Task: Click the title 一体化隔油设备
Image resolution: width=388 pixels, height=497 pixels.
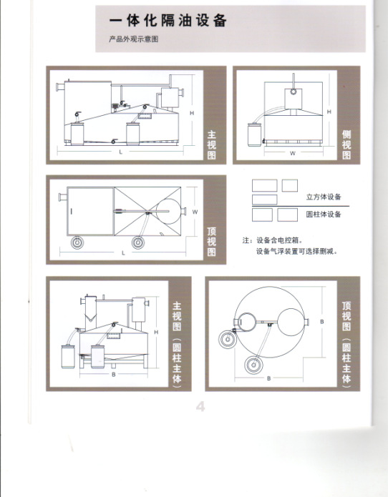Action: coord(168,21)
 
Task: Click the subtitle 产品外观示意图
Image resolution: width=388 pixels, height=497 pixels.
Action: coord(134,39)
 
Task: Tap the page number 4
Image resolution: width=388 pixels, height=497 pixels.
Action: coord(200,406)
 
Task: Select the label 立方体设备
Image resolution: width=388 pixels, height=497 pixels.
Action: coord(324,197)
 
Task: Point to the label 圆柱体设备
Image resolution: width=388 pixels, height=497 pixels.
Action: coord(324,215)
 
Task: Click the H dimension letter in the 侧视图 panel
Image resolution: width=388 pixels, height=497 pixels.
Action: coord(329,112)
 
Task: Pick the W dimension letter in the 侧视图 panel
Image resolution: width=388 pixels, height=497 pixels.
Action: coord(293,154)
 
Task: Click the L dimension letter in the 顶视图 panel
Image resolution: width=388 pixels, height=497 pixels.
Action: coord(123,253)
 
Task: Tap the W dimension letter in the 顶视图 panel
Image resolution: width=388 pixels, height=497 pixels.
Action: coord(195,212)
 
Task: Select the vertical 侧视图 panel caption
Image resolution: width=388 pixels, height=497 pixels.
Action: coord(346,144)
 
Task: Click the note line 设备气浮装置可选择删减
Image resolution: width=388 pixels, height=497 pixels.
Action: coord(296,252)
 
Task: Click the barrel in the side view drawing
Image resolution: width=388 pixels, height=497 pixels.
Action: coord(254,134)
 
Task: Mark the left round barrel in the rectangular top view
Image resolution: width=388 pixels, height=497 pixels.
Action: coord(77,242)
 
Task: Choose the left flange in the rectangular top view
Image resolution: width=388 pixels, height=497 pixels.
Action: coord(62,197)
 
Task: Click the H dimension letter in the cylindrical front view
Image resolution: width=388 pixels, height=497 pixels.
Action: coord(156,333)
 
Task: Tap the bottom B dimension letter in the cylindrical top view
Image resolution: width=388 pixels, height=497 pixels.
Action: coord(268,378)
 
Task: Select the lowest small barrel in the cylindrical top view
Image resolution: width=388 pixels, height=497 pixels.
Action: coord(253,365)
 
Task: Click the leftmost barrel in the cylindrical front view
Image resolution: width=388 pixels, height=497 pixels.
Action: coord(68,357)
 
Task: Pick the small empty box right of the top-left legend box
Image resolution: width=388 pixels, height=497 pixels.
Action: coord(290,185)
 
